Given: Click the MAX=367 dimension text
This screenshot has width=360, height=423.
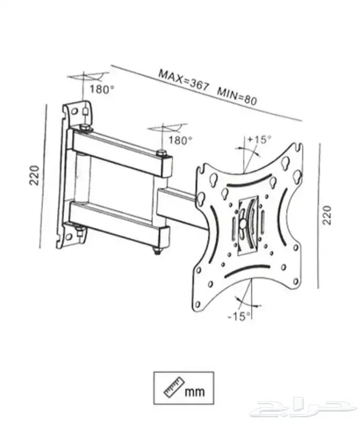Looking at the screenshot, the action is tap(184, 80).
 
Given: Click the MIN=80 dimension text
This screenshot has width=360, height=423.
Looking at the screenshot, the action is tap(237, 96).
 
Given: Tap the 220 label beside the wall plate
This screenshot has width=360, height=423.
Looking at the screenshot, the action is tap(34, 175).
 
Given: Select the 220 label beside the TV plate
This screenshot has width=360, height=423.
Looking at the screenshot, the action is tap(327, 215).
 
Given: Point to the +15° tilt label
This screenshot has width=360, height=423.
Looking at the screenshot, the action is tap(259, 139).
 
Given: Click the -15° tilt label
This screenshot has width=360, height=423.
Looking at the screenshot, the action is tap(239, 316).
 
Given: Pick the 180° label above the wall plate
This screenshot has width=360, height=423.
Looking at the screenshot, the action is tap(101, 89).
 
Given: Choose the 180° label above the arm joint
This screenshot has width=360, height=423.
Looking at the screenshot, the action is tap(181, 140).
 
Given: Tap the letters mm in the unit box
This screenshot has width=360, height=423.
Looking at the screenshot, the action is tap(195, 391).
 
